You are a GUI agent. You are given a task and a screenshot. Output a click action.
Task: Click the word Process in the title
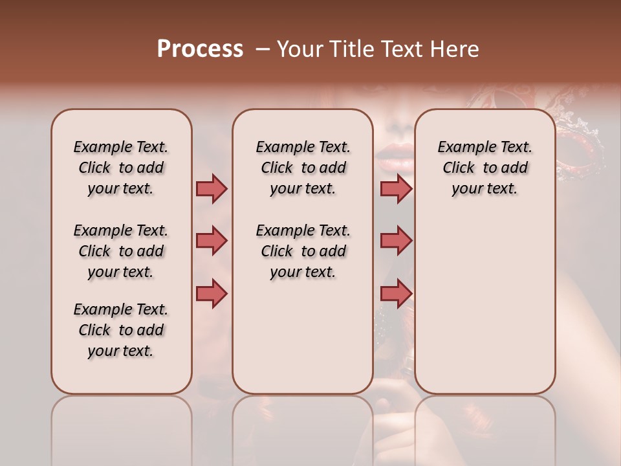pyautogui.click(x=200, y=49)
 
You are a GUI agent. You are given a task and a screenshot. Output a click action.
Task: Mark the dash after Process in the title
pyautogui.click(x=262, y=50)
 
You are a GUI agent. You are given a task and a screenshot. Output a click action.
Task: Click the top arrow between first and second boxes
pyautogui.click(x=212, y=189)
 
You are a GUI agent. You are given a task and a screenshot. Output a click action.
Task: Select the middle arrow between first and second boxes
pyautogui.click(x=212, y=241)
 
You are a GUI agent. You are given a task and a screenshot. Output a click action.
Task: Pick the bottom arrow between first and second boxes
pyautogui.click(x=212, y=293)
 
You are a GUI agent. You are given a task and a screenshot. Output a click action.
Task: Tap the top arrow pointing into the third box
pyautogui.click(x=396, y=189)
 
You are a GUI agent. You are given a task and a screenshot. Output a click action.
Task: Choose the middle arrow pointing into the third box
pyautogui.click(x=396, y=241)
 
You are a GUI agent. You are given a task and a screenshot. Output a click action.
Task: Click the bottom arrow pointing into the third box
pyautogui.click(x=396, y=293)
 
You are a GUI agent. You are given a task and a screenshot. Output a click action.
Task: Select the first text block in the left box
pyautogui.click(x=121, y=168)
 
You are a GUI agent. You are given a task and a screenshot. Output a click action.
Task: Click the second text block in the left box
pyautogui.click(x=121, y=251)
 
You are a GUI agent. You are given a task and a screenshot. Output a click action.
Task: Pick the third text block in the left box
pyautogui.click(x=121, y=330)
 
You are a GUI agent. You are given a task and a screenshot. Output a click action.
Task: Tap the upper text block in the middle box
pyautogui.click(x=303, y=168)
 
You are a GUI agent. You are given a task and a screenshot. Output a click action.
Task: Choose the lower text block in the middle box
pyautogui.click(x=303, y=251)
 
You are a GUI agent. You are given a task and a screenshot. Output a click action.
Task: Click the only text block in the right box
pyautogui.click(x=485, y=168)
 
